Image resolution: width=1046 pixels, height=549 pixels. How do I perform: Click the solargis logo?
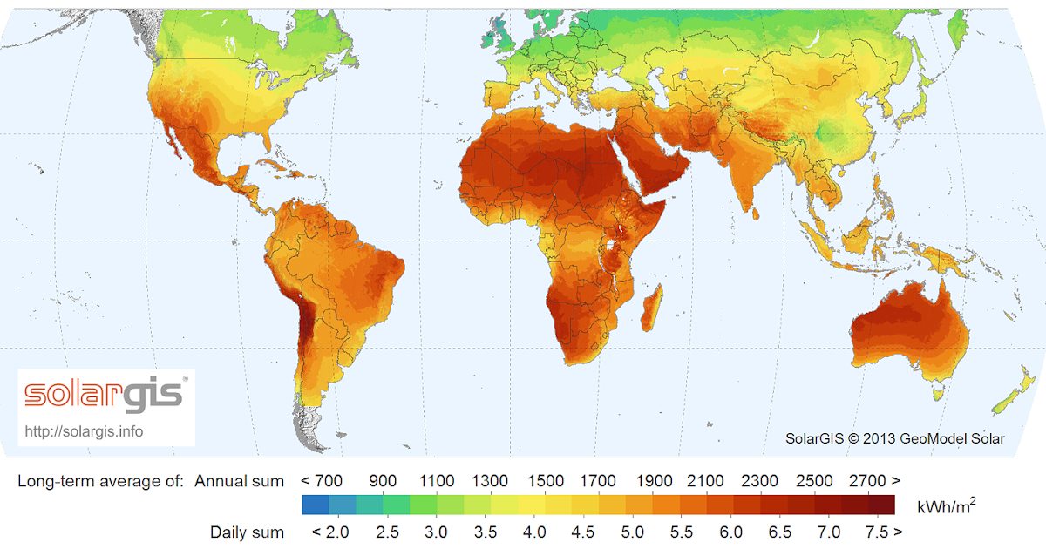pos(105,394)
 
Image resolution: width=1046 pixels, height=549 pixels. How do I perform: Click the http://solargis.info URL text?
pos(85,431)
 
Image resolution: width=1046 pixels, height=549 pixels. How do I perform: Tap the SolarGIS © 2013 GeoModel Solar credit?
pos(894,438)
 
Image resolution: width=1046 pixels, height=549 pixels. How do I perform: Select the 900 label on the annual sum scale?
pos(383,481)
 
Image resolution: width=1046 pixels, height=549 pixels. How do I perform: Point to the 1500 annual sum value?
pos(546,481)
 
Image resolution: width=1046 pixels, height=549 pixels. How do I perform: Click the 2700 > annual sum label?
pos(875,481)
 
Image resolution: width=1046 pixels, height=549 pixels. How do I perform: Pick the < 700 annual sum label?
pos(322,481)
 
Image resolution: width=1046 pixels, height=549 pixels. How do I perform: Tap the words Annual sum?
pos(239,481)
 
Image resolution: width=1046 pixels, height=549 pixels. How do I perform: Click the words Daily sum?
pos(247,532)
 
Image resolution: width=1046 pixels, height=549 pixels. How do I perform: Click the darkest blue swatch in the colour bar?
pos(315,505)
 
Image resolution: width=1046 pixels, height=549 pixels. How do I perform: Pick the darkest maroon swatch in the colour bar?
pos(881,505)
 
